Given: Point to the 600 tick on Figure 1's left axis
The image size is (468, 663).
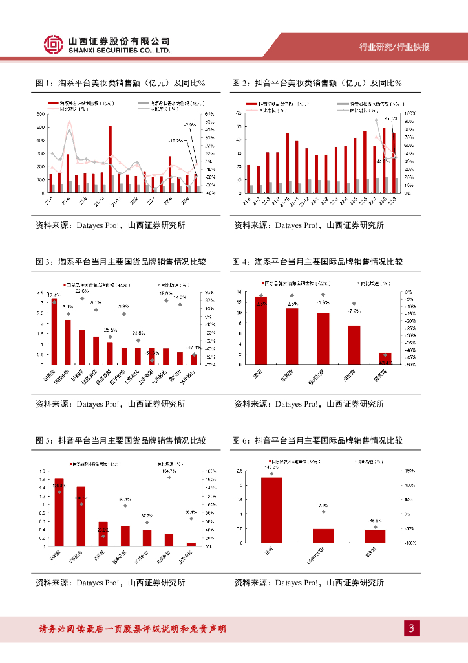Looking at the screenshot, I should (41, 114).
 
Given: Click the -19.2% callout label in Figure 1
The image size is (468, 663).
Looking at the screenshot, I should (175, 140).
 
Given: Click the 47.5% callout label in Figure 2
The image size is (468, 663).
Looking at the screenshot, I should (392, 118).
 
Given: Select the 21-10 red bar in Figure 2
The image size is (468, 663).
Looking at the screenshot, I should (287, 163).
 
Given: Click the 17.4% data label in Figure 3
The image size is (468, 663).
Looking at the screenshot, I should (53, 295).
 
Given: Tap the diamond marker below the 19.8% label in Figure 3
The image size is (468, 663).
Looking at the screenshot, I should (166, 299).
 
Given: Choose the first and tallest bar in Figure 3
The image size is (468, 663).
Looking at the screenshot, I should (54, 331).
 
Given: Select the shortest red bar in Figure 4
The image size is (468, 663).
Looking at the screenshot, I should (385, 358).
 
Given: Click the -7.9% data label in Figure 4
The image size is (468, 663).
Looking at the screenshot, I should (354, 311).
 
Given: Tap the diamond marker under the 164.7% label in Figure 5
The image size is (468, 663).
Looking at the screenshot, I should (169, 477).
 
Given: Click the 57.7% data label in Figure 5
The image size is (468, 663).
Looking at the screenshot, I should (147, 515).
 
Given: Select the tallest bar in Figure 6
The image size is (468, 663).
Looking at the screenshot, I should (271, 511).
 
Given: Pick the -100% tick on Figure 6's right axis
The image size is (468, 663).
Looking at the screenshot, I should (409, 543).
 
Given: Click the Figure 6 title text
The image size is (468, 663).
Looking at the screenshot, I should (317, 441).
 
